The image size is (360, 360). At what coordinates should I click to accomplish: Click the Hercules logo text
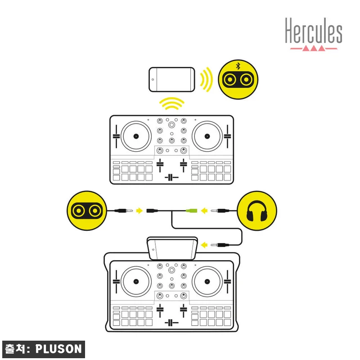tap(314, 31)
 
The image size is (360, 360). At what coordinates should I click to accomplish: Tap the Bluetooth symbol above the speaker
tap(238, 66)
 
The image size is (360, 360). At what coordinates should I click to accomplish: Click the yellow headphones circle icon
tap(257, 211)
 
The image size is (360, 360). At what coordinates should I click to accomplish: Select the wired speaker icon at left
tap(87, 211)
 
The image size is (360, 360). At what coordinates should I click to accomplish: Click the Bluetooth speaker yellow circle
tap(238, 80)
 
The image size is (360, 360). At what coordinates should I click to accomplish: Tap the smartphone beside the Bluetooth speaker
tap(172, 80)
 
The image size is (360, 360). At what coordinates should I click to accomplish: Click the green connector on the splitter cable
tap(192, 211)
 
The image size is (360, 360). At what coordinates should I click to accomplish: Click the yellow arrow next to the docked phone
tap(204, 245)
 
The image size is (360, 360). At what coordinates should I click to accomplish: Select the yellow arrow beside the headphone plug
tap(204, 211)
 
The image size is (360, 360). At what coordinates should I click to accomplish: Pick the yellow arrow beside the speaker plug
tap(139, 211)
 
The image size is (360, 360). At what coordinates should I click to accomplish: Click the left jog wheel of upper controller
tap(136, 136)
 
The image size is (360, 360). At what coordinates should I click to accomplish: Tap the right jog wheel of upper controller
tap(207, 136)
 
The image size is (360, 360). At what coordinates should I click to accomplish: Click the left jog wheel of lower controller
tap(136, 282)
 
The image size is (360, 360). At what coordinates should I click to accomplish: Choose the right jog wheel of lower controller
tap(207, 282)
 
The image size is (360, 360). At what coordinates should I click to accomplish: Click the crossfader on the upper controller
tap(171, 177)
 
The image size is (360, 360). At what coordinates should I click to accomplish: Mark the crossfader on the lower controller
tap(171, 323)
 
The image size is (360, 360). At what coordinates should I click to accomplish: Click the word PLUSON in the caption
tap(58, 349)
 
